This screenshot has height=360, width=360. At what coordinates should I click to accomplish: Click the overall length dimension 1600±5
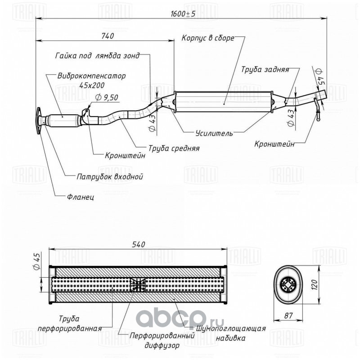[183, 14]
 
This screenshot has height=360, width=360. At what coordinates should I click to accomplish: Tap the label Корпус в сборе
[208, 38]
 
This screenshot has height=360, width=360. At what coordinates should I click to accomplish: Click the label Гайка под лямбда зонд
[98, 56]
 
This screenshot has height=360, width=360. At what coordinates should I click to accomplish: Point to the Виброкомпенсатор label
[92, 76]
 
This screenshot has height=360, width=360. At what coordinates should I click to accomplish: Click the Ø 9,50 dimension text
[107, 97]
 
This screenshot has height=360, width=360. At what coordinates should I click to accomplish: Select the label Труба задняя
[265, 70]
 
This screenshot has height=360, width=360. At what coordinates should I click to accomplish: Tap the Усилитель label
[214, 133]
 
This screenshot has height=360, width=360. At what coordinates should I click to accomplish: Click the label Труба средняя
[174, 148]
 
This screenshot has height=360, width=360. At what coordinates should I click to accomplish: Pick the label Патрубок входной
[110, 176]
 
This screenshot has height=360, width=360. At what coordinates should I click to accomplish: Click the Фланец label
[81, 197]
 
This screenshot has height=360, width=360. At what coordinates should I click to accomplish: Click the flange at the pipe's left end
[38, 120]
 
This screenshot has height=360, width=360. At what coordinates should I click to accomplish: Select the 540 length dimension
[139, 244]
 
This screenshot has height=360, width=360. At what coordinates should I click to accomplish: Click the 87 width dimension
[288, 315]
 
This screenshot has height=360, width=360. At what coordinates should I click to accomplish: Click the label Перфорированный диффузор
[162, 340]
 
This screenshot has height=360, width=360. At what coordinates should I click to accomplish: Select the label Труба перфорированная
[70, 324]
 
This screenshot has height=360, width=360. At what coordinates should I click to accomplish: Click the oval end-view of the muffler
[288, 285]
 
